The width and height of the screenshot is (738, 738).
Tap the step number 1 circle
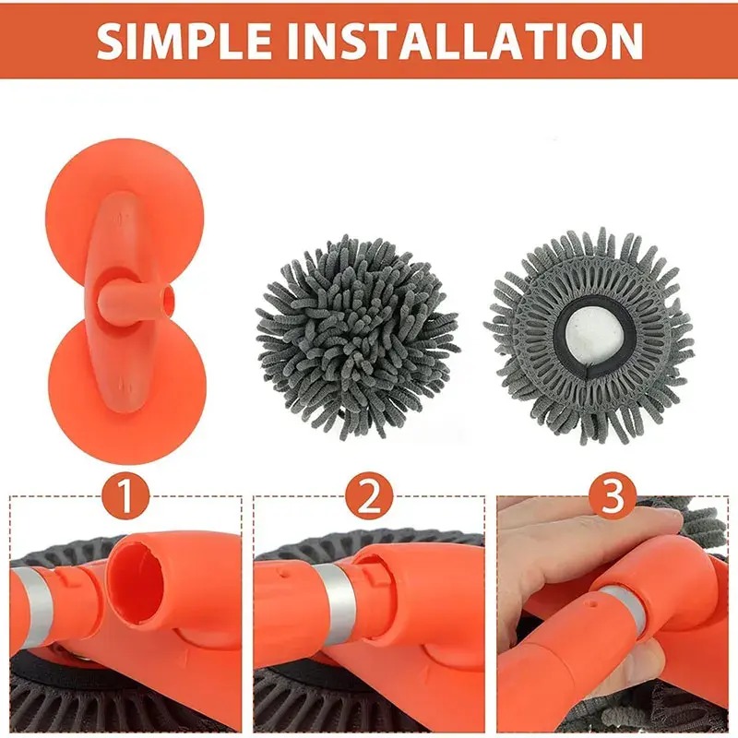125,496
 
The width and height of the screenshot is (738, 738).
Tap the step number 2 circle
369,496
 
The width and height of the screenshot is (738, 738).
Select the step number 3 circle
613,496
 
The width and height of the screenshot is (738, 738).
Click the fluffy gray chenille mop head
356,336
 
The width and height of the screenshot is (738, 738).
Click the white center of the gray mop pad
595,338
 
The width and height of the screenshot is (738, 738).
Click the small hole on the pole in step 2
281,574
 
